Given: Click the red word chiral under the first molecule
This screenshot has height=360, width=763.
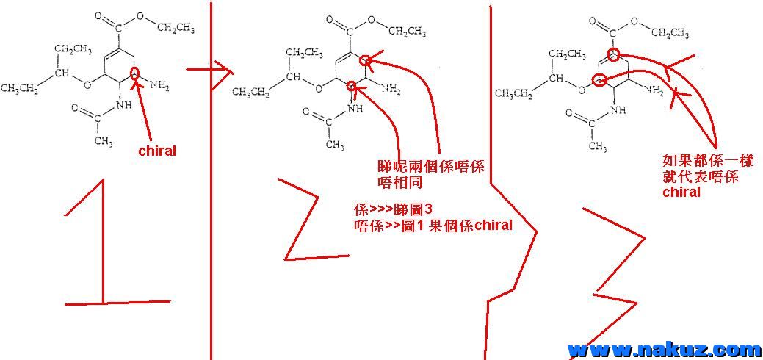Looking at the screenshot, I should (x=157, y=151).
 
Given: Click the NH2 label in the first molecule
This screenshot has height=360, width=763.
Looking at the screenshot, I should (x=159, y=86).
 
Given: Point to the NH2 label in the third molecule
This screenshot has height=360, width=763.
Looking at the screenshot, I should (x=652, y=92).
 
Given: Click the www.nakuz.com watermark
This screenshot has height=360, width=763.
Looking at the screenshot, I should (x=664, y=349).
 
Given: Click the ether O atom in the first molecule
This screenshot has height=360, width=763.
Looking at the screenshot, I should (x=87, y=84).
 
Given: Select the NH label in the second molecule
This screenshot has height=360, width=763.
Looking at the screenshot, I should (x=355, y=108).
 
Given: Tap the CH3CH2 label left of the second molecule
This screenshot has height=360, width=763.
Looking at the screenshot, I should (x=250, y=92).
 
